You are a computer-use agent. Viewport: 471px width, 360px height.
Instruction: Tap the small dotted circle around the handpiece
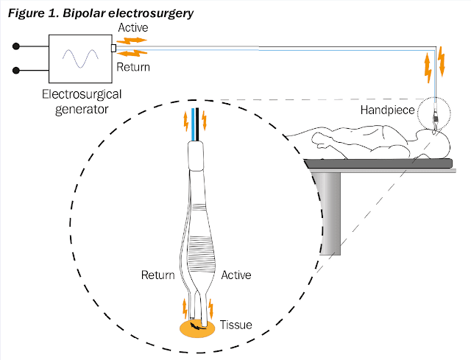(x=435, y=116)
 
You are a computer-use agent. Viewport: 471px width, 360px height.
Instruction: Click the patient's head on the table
(x=435, y=139)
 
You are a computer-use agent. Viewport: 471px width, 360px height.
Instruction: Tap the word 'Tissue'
(x=235, y=324)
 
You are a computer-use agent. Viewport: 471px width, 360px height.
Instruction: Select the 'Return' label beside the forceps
(x=157, y=275)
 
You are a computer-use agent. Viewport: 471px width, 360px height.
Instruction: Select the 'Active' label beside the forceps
(x=235, y=275)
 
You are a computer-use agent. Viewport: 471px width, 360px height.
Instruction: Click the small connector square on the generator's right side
(x=113, y=49)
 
